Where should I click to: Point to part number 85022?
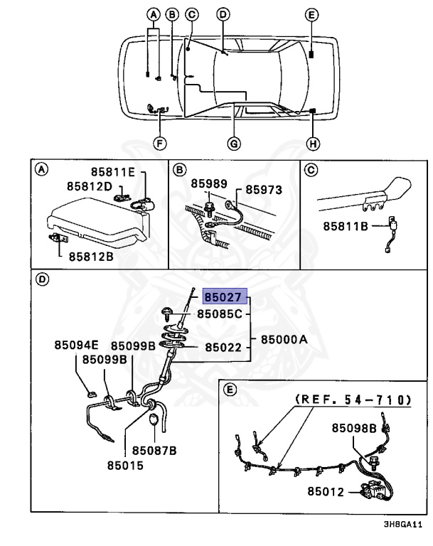pyautogui.click(x=225, y=348)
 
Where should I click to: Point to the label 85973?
pyautogui.click(x=264, y=191)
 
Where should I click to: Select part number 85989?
pyautogui.click(x=209, y=183)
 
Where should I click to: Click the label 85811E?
pyautogui.click(x=117, y=172)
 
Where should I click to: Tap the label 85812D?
pyautogui.click(x=90, y=186)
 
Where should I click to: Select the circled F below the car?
pyautogui.click(x=160, y=144)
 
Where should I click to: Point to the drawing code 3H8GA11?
pyautogui.click(x=402, y=525)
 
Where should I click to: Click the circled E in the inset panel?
pyautogui.click(x=229, y=389)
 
